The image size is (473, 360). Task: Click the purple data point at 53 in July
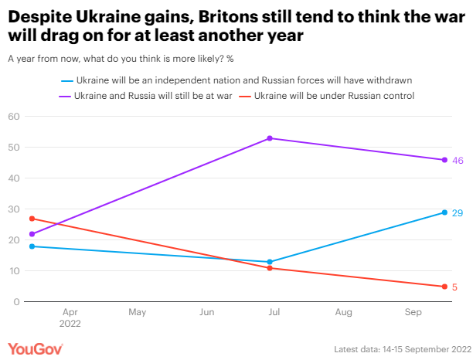pos(270,138)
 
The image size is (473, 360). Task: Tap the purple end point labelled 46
pos(444,160)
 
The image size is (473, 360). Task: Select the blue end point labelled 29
pos(444,212)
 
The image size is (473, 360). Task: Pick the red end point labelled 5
pos(444,287)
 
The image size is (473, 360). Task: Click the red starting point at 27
pos(32,219)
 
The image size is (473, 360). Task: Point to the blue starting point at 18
pos(32,246)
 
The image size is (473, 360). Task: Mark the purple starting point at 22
pos(32,234)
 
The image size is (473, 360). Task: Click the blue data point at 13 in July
pos(270,262)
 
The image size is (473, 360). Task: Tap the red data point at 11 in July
pos(270,268)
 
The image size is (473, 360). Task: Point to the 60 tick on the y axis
pos(13,117)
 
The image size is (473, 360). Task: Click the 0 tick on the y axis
pos(16,302)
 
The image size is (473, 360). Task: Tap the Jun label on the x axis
pos(206,313)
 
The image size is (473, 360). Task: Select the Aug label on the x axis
pos(344,313)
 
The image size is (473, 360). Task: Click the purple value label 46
pos(458,160)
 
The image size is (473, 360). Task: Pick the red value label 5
pos(454,287)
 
